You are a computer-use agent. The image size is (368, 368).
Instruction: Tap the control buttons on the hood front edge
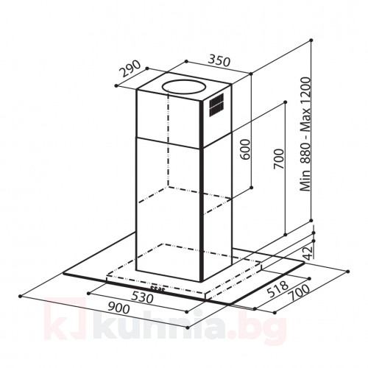(157, 286)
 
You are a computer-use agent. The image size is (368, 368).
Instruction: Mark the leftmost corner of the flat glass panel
(63, 275)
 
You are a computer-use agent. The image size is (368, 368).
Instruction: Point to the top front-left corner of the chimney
(137, 91)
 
